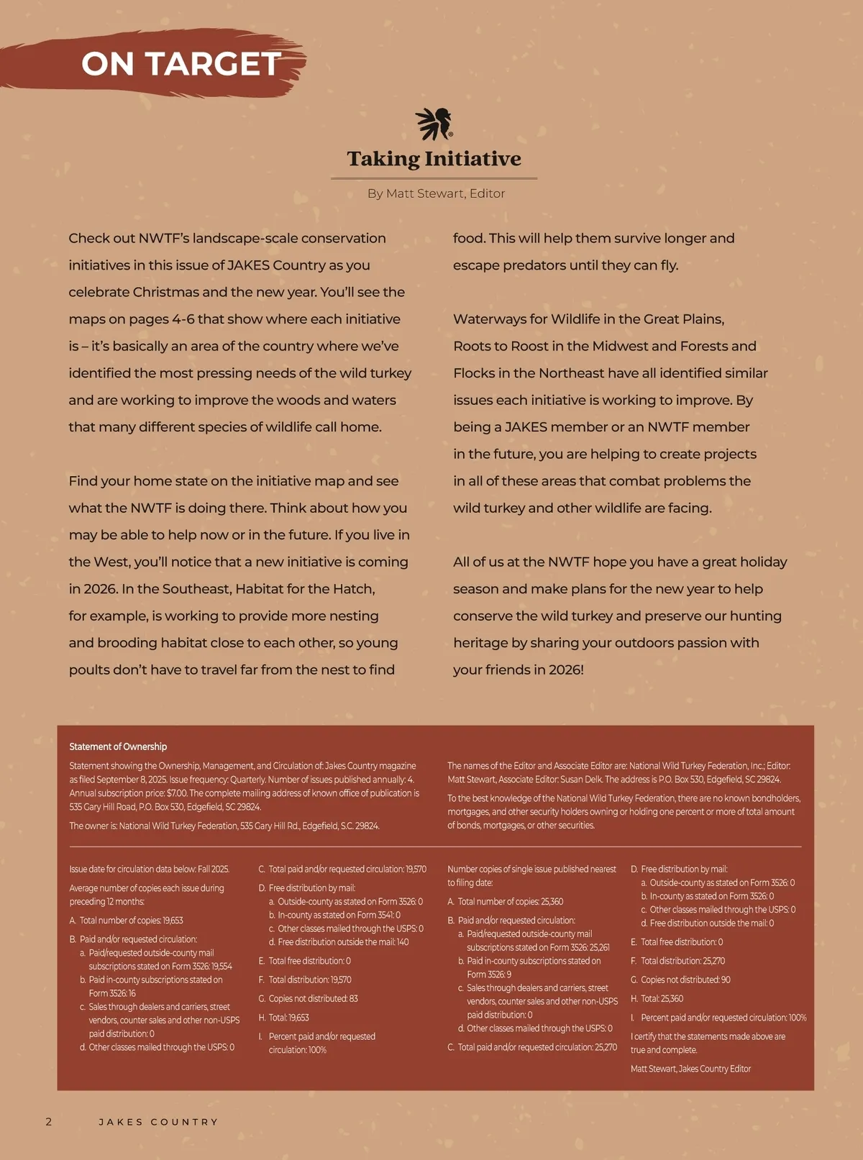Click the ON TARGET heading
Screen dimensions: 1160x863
[x=181, y=64]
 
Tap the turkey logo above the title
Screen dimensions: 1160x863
[x=434, y=124]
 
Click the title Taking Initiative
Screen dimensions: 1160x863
[x=434, y=159]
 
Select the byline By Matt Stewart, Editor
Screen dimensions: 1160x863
[x=436, y=193]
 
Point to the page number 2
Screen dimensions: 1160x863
[x=49, y=1121]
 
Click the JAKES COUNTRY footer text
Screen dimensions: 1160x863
[x=158, y=1122]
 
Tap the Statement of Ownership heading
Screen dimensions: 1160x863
[x=118, y=746]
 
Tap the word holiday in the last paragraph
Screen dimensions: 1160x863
[x=762, y=562]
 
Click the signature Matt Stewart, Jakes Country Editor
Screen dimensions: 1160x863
[x=690, y=1069]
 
